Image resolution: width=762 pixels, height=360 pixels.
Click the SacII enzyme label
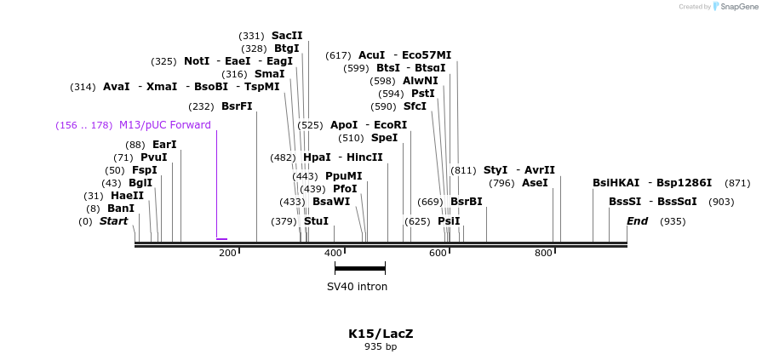click(x=287, y=36)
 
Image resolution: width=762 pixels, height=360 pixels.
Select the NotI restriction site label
click(x=196, y=61)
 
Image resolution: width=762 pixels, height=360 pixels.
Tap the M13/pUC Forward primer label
click(x=165, y=125)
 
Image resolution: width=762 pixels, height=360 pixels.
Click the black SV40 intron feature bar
click(x=360, y=268)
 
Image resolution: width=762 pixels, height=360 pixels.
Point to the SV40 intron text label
click(x=358, y=287)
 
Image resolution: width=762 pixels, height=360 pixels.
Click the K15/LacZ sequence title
click(x=381, y=334)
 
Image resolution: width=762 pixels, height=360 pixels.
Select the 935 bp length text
click(x=381, y=347)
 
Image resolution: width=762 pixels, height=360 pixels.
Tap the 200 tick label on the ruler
click(x=227, y=254)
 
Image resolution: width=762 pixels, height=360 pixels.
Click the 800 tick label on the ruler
click(x=543, y=254)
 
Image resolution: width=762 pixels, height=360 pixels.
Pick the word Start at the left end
click(x=113, y=221)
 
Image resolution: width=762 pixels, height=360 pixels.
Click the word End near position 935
click(x=637, y=221)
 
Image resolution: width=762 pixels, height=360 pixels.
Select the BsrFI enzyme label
click(x=237, y=106)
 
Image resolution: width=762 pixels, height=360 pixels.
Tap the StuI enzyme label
click(x=316, y=221)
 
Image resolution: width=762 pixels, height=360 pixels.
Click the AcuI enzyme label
click(x=371, y=55)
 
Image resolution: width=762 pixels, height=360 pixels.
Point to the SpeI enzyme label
click(x=384, y=138)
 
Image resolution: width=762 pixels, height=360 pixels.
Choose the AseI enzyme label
click(x=535, y=183)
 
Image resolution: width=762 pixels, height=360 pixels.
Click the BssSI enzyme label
click(x=625, y=202)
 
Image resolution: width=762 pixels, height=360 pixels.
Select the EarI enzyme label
click(x=164, y=145)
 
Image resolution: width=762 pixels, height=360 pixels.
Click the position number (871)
click(x=737, y=183)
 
